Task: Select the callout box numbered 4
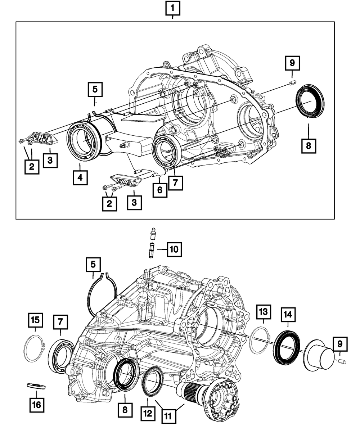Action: [80, 177]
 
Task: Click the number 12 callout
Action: [148, 414]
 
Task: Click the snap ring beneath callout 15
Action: [33, 348]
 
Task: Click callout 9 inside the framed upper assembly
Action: [292, 64]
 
